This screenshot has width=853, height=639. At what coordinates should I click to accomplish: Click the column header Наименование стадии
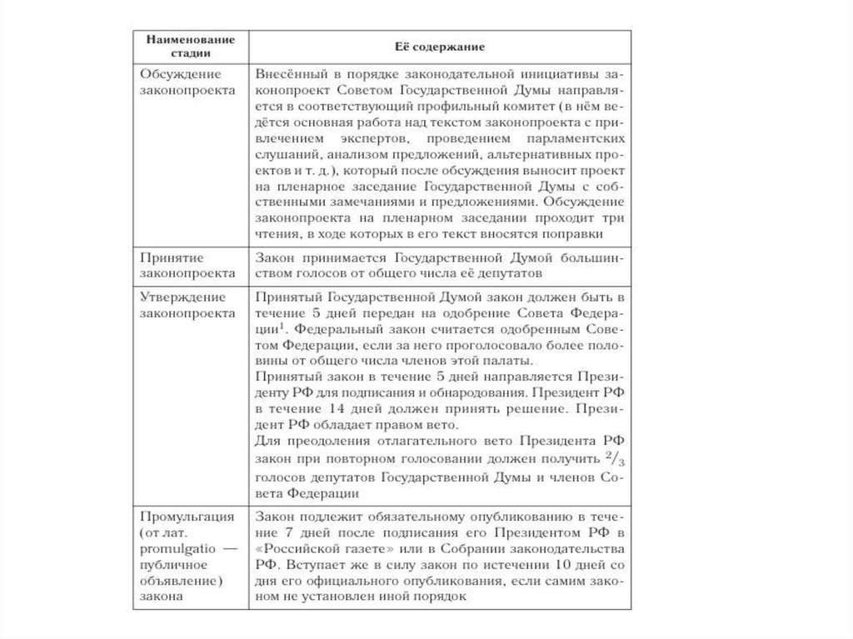tap(186, 45)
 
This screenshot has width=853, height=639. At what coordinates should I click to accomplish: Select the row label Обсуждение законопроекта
tap(175, 82)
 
